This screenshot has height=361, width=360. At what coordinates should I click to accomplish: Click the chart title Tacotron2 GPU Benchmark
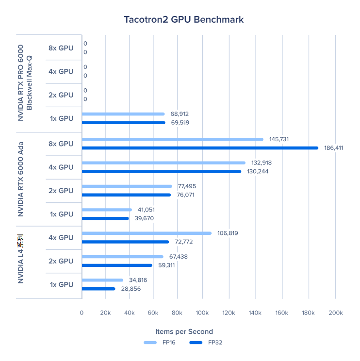(183, 19)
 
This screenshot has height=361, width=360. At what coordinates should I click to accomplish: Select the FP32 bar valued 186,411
(200, 148)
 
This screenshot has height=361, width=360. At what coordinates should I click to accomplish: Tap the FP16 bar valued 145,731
(173, 139)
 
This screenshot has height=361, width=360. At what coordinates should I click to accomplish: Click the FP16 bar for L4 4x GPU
(147, 233)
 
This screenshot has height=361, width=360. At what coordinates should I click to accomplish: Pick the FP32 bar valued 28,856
(98, 289)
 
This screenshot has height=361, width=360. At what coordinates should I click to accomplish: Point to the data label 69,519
(180, 123)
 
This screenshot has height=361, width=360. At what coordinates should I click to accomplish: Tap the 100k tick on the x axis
(202, 313)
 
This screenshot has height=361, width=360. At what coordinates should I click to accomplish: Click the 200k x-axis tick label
(335, 313)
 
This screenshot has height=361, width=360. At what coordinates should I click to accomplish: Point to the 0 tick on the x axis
(82, 313)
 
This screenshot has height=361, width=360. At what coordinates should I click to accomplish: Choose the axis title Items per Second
(184, 331)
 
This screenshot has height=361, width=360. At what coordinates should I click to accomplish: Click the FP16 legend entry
(160, 343)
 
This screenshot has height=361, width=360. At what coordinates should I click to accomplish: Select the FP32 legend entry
(206, 343)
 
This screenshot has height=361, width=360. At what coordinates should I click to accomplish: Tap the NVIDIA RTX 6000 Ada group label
(21, 179)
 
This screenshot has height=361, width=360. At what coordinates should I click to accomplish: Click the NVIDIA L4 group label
(21, 262)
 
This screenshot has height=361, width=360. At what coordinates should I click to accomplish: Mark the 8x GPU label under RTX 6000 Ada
(61, 144)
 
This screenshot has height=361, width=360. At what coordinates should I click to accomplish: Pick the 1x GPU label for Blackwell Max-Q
(61, 118)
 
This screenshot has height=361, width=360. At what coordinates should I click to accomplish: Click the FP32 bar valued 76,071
(127, 195)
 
